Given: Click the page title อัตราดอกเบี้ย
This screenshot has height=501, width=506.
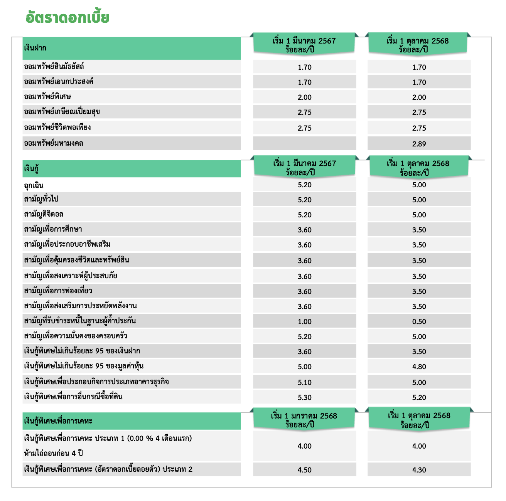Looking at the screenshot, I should tap(67, 18).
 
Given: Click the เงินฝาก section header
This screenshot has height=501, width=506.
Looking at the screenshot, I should tap(35, 48).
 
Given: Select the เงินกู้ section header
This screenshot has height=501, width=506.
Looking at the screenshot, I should tap(31, 169).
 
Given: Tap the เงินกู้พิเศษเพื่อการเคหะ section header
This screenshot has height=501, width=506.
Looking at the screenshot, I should tap(58, 421).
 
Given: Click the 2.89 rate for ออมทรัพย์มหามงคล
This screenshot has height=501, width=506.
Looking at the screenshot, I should tap(419, 144).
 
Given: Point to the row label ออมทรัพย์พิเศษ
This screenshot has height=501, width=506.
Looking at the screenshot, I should tap(47, 97).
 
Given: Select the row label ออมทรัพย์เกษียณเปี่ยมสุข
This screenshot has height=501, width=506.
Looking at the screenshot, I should tap(62, 112).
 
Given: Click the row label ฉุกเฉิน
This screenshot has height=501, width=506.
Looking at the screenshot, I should tap(34, 185).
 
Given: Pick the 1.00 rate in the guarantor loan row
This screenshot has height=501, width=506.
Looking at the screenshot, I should tap(304, 321).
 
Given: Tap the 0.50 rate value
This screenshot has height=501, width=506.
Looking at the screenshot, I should tap(419, 321).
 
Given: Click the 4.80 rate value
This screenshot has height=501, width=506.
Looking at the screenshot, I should tap(419, 367).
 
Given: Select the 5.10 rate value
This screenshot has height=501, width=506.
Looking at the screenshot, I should tap(304, 382).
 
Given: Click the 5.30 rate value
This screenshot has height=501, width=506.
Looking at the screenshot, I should tap(304, 397).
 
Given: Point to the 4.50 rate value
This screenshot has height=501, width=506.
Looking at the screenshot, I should tap(304, 470).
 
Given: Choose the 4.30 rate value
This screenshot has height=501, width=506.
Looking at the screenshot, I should tap(419, 470).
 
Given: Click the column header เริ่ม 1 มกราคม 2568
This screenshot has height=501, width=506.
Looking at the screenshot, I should tap(304, 416).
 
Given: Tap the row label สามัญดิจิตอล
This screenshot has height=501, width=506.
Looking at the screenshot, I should tap(44, 214).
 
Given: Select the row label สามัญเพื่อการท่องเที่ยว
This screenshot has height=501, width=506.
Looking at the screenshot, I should tap(58, 291).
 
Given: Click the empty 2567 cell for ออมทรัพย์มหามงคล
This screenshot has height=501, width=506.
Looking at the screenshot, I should tap(304, 143).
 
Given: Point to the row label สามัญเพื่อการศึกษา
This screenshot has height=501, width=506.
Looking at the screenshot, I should tap(53, 229).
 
